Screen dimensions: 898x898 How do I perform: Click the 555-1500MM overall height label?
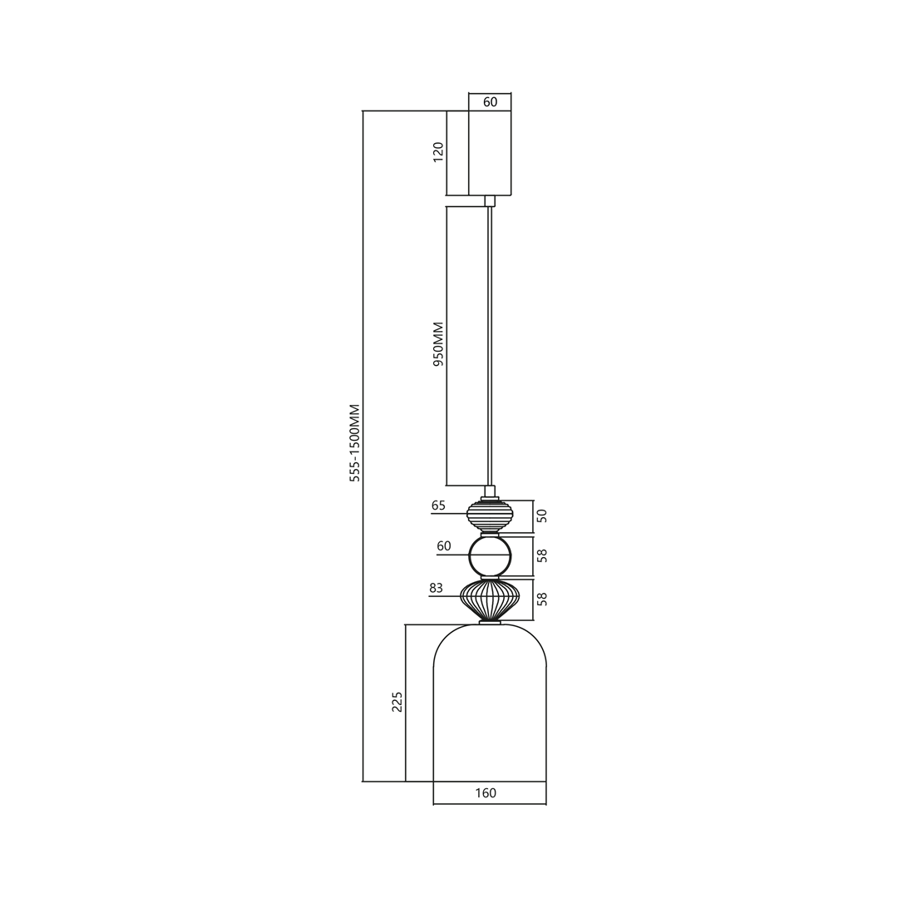pos(355,443)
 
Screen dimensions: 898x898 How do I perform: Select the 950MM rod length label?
pos(438,344)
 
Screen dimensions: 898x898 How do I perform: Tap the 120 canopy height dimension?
pos(438,152)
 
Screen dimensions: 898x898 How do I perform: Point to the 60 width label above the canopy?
pos(490,102)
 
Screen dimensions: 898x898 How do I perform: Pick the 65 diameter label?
pos(438,506)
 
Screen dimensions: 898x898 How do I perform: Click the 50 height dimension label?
pos(542,516)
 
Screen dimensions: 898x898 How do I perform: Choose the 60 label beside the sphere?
pos(444,546)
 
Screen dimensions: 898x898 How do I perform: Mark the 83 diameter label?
pos(436,588)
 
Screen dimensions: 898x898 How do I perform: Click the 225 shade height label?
pos(397,702)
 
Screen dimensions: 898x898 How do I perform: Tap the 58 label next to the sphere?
pos(542,555)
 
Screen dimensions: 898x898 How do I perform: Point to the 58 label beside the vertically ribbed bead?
pos(542,599)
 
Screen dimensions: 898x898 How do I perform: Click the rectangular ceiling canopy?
pos(490,153)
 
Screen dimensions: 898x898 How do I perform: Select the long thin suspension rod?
pos(490,345)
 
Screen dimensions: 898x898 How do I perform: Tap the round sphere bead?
pos(490,556)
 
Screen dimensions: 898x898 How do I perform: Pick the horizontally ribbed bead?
pos(490,516)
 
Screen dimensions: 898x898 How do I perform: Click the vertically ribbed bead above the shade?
pos(490,599)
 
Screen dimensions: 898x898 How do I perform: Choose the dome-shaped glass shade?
pos(490,707)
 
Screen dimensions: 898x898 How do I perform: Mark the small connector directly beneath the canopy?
pos(490,200)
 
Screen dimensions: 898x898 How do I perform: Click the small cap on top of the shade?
pos(490,622)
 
